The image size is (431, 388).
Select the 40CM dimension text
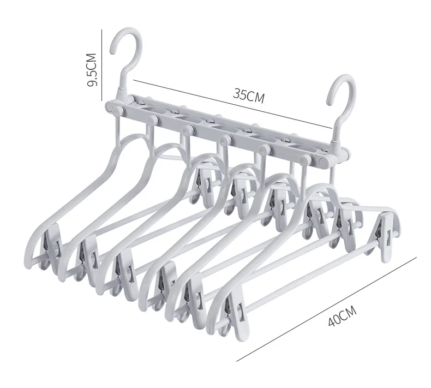tap(343, 316)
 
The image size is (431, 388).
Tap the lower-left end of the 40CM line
tap(238, 361)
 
